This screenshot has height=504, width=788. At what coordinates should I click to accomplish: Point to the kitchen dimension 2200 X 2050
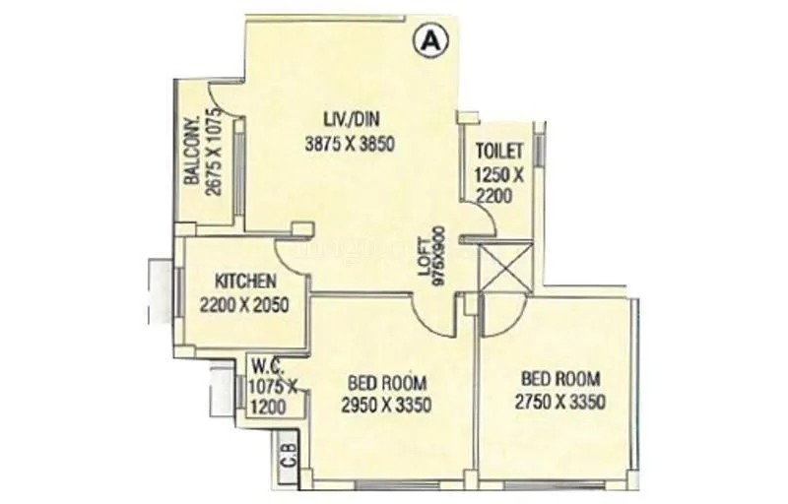(x=242, y=304)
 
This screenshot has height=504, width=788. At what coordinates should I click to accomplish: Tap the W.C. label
(x=261, y=363)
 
